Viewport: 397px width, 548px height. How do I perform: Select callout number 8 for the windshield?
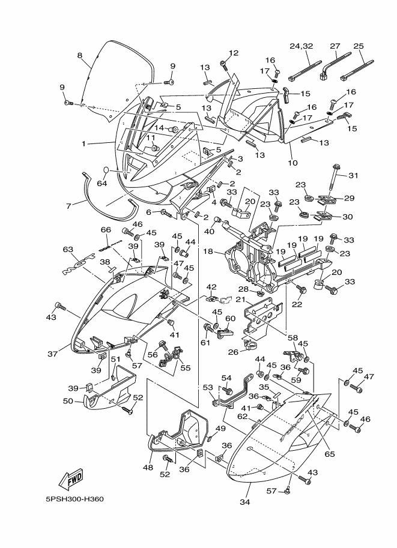[x=79, y=55]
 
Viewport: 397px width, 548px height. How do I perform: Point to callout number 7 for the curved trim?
[x=68, y=206]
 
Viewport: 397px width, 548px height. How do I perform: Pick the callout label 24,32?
[x=302, y=46]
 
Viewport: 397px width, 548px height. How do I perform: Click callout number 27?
[x=335, y=46]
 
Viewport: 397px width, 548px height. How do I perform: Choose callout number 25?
[x=359, y=46]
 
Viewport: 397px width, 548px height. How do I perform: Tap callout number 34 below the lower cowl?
[x=244, y=502]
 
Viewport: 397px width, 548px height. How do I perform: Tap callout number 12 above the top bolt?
[x=233, y=53]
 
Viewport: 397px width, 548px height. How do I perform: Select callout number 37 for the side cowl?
[x=52, y=354]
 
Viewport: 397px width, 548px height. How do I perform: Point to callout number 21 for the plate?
[x=240, y=299]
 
